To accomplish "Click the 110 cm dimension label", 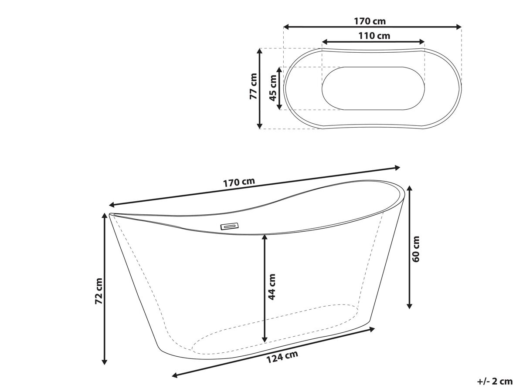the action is click(x=374, y=36).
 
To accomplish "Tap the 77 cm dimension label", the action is click(x=253, y=86).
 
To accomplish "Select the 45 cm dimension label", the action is click(x=273, y=88).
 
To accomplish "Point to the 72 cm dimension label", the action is click(x=98, y=291).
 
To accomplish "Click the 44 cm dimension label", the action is click(x=272, y=287).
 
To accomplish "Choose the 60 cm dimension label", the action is click(x=415, y=249).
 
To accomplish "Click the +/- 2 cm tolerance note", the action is click(x=495, y=382).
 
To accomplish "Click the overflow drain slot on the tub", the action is click(x=229, y=226).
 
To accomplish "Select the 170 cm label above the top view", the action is click(x=370, y=21).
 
